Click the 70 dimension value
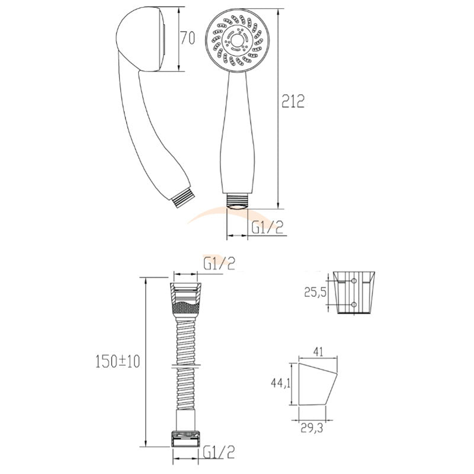[x=188, y=39]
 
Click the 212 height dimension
[x=293, y=101]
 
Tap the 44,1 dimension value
[x=280, y=383]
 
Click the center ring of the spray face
[x=239, y=40]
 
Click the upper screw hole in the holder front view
[x=354, y=280]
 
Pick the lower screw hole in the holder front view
[x=354, y=305]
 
